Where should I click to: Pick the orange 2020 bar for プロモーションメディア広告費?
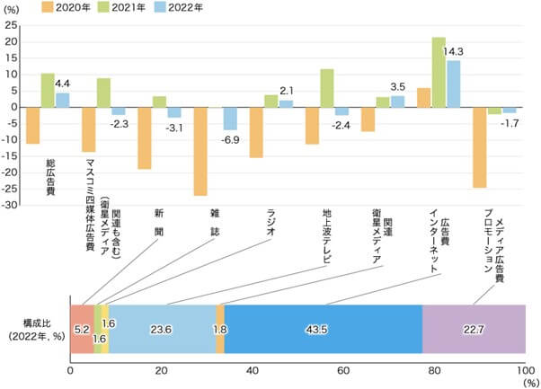pos(480,147)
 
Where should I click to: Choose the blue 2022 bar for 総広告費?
pos(63,100)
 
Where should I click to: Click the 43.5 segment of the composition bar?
pos(323,329)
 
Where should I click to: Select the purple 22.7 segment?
pos(474,329)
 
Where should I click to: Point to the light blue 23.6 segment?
pos(162,329)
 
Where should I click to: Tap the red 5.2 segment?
pos(81,329)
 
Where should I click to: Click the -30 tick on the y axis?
pos(12,206)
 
